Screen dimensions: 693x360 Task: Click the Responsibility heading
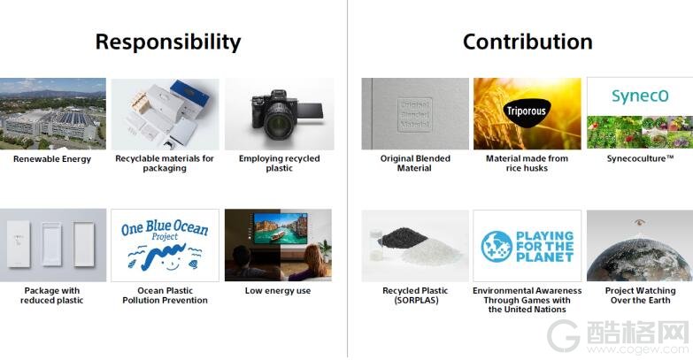pyautogui.click(x=168, y=42)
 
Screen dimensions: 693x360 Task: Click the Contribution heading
pyautogui.click(x=527, y=42)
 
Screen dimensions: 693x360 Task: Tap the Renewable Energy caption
pyautogui.click(x=52, y=159)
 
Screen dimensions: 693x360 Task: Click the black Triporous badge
pyautogui.click(x=526, y=112)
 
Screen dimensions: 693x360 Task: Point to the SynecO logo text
pyautogui.click(x=640, y=96)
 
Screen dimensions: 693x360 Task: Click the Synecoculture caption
pyautogui.click(x=640, y=158)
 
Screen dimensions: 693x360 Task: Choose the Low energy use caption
pyautogui.click(x=278, y=291)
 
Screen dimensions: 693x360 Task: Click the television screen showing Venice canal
pyautogui.click(x=281, y=228)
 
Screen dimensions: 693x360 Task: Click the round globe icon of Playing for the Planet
pyautogui.click(x=497, y=246)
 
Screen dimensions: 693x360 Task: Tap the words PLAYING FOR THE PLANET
pyautogui.click(x=545, y=247)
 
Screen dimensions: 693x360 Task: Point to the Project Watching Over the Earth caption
pyautogui.click(x=640, y=295)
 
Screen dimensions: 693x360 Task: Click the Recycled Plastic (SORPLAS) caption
pyautogui.click(x=415, y=295)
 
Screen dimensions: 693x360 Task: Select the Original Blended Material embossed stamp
pyautogui.click(x=414, y=114)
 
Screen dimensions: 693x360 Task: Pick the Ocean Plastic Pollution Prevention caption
pyautogui.click(x=165, y=295)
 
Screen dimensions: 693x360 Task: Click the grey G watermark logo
pyautogui.click(x=564, y=336)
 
